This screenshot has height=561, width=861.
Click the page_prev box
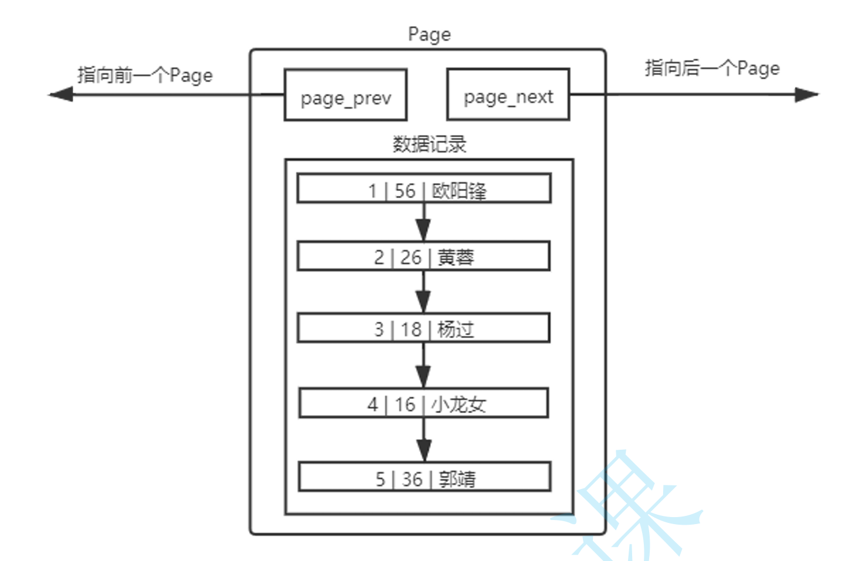coord(345,95)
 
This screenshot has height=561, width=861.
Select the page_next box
coord(508,95)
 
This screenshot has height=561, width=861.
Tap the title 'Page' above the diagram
coord(429,35)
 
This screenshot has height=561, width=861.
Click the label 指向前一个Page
coord(145,75)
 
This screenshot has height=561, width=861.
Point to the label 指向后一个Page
coord(712,68)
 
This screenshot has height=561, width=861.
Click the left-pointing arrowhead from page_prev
coord(61,94)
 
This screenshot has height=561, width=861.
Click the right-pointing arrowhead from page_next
coord(806,94)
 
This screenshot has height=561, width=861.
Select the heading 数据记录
coord(429,144)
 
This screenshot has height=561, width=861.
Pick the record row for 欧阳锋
coord(424,189)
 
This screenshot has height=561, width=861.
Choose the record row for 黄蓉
coord(424,256)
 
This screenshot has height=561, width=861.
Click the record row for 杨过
coord(424,329)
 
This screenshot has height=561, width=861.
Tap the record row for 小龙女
coord(424,403)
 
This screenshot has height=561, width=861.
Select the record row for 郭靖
coord(424,477)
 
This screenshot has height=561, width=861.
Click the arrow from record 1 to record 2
coord(423,223)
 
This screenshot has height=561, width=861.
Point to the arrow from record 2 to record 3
coord(423,293)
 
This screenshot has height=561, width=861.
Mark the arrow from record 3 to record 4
coord(423,366)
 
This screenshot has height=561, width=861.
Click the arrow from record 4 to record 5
coord(424,440)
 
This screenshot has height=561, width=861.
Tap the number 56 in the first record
coord(404,190)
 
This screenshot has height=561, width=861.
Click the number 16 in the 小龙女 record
coord(404,404)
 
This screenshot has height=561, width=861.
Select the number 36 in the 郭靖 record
coord(411,479)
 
